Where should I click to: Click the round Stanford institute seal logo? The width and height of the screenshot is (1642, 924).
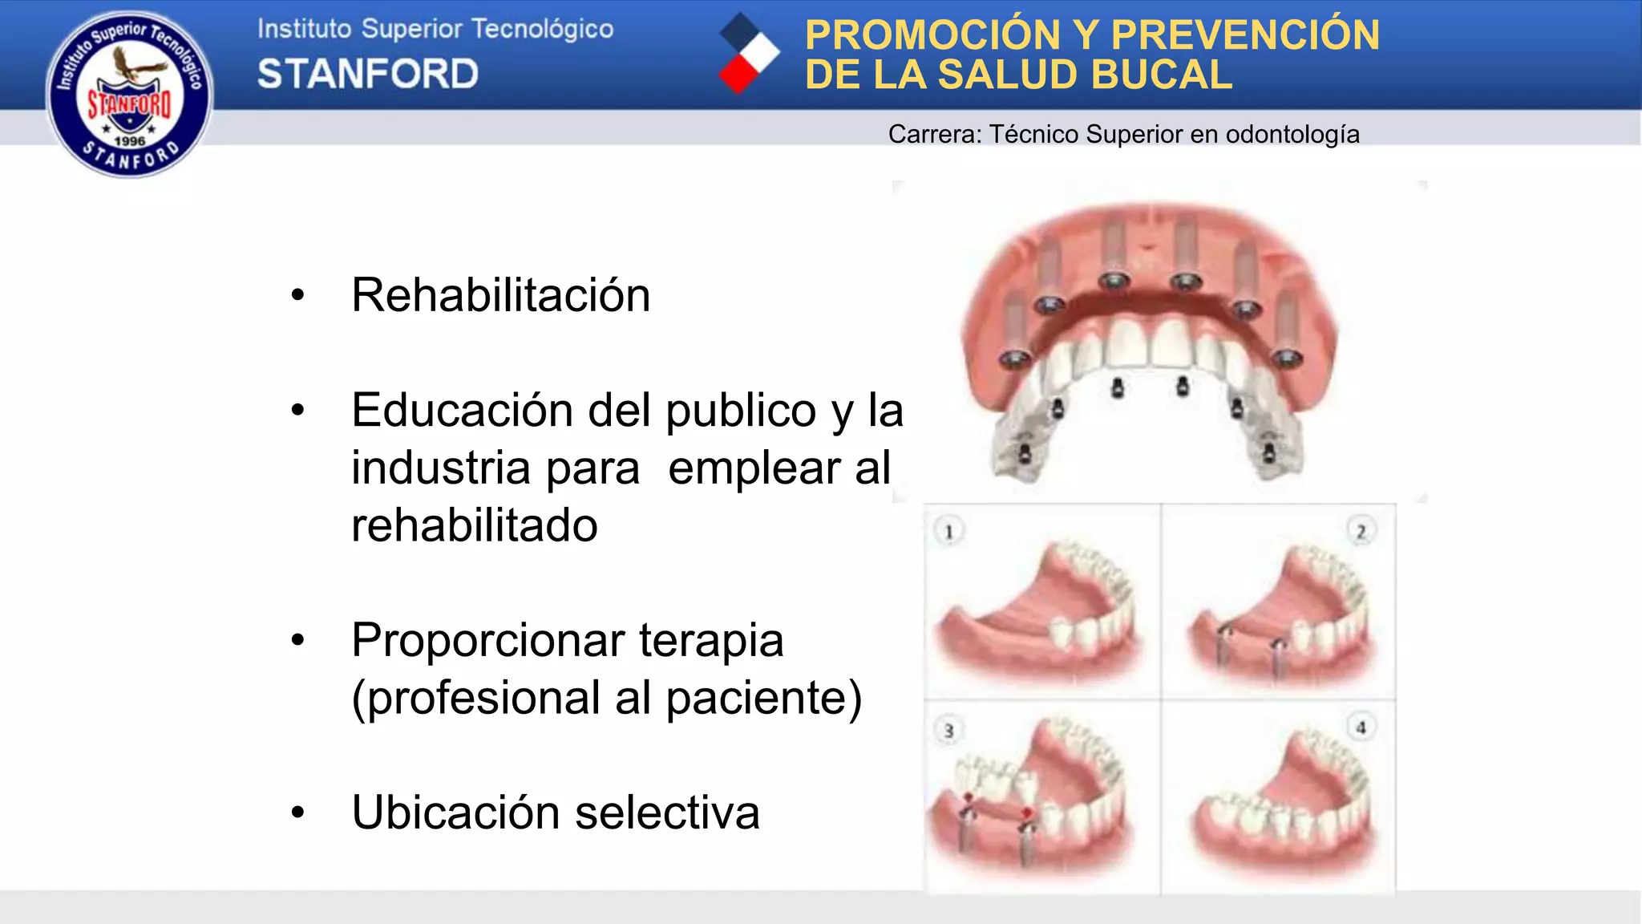[x=129, y=94]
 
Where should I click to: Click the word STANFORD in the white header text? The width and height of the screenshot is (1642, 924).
[x=368, y=74]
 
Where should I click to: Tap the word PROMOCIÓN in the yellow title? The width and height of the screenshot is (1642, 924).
[x=932, y=35]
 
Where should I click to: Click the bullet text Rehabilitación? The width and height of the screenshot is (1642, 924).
[x=500, y=295]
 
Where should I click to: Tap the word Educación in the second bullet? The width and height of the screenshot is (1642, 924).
[x=463, y=411]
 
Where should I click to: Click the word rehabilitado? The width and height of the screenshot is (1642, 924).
[x=475, y=525]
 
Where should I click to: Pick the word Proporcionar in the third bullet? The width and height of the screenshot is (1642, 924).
[x=487, y=640]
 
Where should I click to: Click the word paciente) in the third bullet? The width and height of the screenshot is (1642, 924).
[x=763, y=698]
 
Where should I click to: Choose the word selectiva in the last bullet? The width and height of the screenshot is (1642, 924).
[x=667, y=813]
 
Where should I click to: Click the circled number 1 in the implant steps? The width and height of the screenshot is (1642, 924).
[x=949, y=531]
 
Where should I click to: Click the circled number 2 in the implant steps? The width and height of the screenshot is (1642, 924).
[x=1361, y=531]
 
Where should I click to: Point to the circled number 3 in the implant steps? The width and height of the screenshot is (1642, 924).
[x=949, y=731]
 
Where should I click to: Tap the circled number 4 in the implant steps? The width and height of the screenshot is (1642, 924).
[x=1361, y=727]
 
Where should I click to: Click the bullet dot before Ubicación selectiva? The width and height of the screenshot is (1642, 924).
[x=298, y=813]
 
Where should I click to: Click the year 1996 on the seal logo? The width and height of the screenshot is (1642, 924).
[x=129, y=141]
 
